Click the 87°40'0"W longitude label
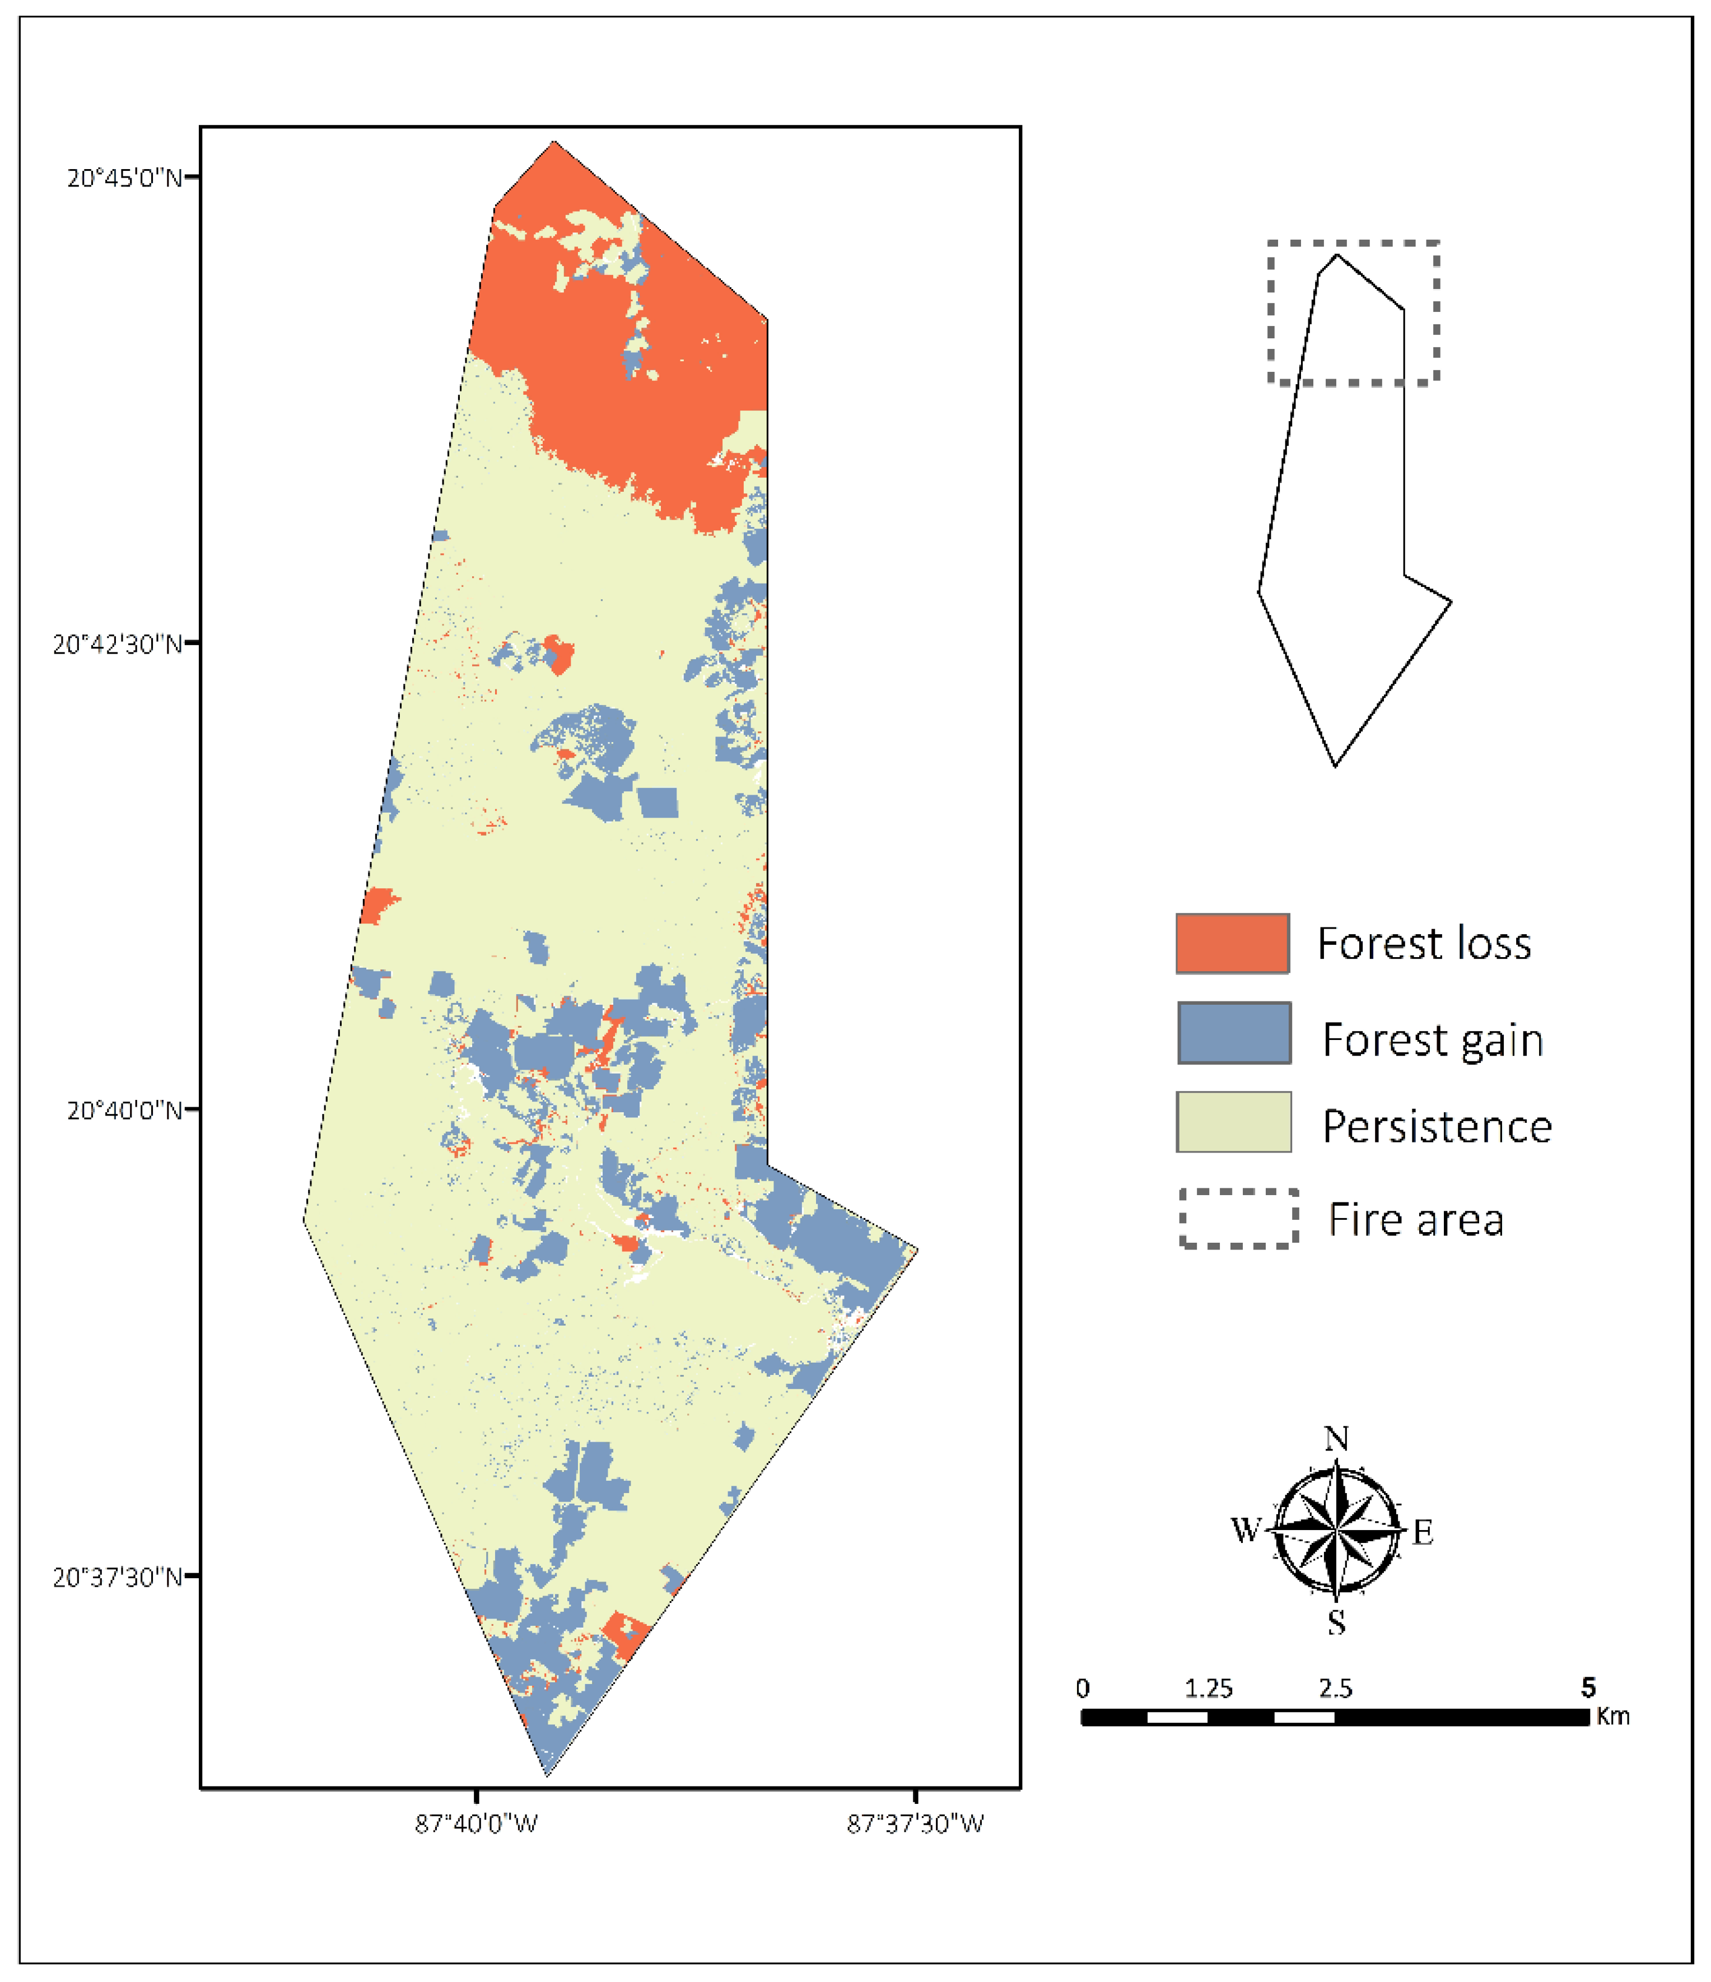click(476, 1824)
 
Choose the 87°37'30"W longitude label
click(915, 1824)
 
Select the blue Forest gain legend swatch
click(1234, 1033)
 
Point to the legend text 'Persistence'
click(1437, 1127)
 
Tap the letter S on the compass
click(1336, 1622)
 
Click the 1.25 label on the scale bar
click(1208, 1689)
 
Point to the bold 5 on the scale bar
click(1588, 1687)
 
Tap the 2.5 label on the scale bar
click(1335, 1689)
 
